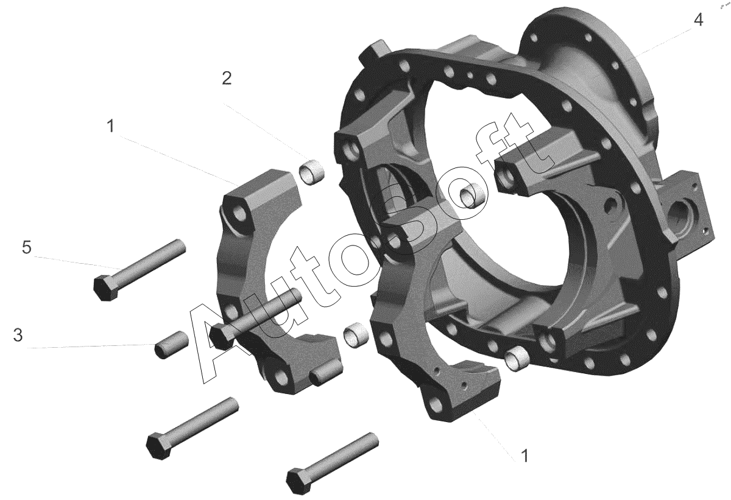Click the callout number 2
(x=227, y=79)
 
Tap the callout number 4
(x=698, y=20)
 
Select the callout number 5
(x=27, y=247)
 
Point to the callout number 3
(x=18, y=335)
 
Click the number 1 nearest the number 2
(x=111, y=126)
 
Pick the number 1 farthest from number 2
(x=524, y=456)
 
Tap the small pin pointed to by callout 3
(x=172, y=345)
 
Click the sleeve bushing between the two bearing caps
(x=356, y=336)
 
